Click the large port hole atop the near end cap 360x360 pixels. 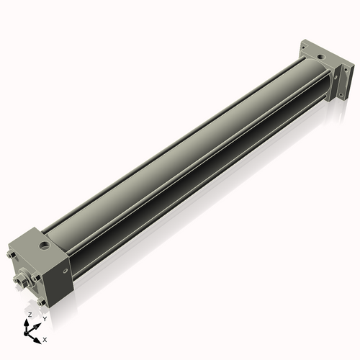pos(45,246)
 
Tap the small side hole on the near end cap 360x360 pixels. pos(66,271)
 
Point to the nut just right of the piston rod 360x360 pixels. pos(36,277)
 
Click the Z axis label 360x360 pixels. pos(30,315)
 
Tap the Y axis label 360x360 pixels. pos(44,319)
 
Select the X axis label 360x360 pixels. pos(45,338)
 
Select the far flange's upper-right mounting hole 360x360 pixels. pos(346,70)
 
